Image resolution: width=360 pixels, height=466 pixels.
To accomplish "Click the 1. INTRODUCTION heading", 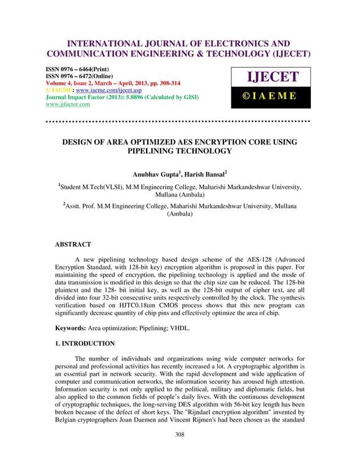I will [84, 343].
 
